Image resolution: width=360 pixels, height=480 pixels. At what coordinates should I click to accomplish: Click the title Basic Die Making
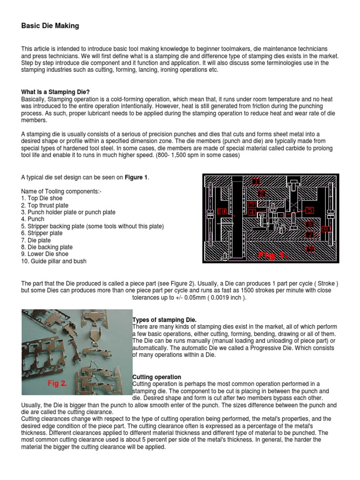[50, 26]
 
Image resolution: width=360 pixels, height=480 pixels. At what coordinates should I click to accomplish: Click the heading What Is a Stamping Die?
[55, 92]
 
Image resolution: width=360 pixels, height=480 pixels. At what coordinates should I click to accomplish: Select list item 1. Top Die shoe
[42, 198]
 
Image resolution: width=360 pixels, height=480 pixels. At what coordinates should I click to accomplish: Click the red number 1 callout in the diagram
[255, 181]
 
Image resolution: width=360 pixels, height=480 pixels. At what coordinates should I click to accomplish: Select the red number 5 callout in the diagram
[309, 210]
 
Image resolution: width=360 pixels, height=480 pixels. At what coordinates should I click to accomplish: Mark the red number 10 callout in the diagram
[222, 211]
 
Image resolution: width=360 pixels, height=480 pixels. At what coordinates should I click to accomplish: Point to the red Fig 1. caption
[274, 255]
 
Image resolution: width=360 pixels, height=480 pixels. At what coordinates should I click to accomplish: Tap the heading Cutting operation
[157, 377]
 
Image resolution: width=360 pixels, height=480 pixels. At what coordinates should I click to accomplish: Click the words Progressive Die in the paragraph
[259, 348]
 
